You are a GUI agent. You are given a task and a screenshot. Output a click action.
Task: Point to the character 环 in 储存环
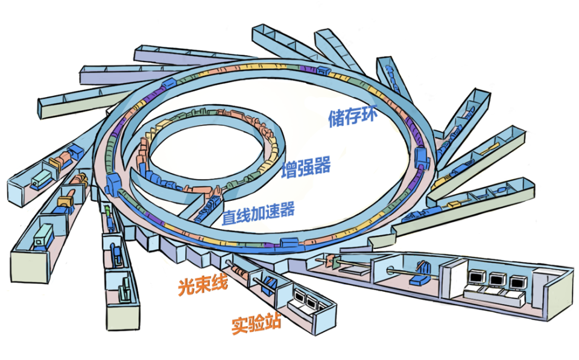(x=369, y=113)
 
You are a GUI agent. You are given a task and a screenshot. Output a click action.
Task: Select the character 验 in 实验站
(x=256, y=324)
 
